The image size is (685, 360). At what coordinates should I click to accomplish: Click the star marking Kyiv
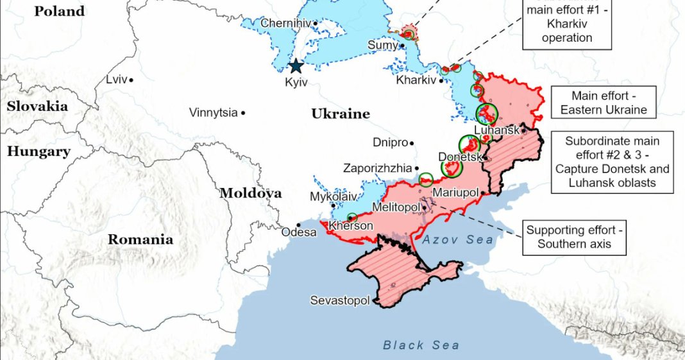(296, 66)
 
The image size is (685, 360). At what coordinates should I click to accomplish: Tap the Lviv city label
(116, 80)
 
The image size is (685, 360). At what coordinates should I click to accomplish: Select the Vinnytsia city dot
(243, 113)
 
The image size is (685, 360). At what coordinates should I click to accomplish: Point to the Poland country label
(59, 12)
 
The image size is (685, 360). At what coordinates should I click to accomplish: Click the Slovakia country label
(37, 107)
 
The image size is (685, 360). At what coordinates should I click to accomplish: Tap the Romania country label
(140, 240)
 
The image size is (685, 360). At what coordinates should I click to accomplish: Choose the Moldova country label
(251, 193)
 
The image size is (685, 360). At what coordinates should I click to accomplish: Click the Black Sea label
(421, 345)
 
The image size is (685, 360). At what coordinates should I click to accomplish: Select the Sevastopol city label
(340, 300)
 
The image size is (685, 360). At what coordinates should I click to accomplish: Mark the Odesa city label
(299, 232)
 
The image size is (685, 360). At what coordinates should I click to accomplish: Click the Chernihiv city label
(285, 24)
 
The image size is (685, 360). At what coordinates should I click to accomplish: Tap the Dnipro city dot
(412, 143)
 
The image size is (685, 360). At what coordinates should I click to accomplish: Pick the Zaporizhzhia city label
(377, 168)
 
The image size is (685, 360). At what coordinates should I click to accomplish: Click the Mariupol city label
(456, 193)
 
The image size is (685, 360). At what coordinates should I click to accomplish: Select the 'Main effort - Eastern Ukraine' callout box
(604, 103)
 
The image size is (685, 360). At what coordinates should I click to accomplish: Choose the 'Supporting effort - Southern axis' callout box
(573, 237)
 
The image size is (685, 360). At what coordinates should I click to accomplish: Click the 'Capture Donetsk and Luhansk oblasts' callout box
(612, 162)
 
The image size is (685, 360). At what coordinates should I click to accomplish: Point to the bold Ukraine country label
(341, 114)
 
